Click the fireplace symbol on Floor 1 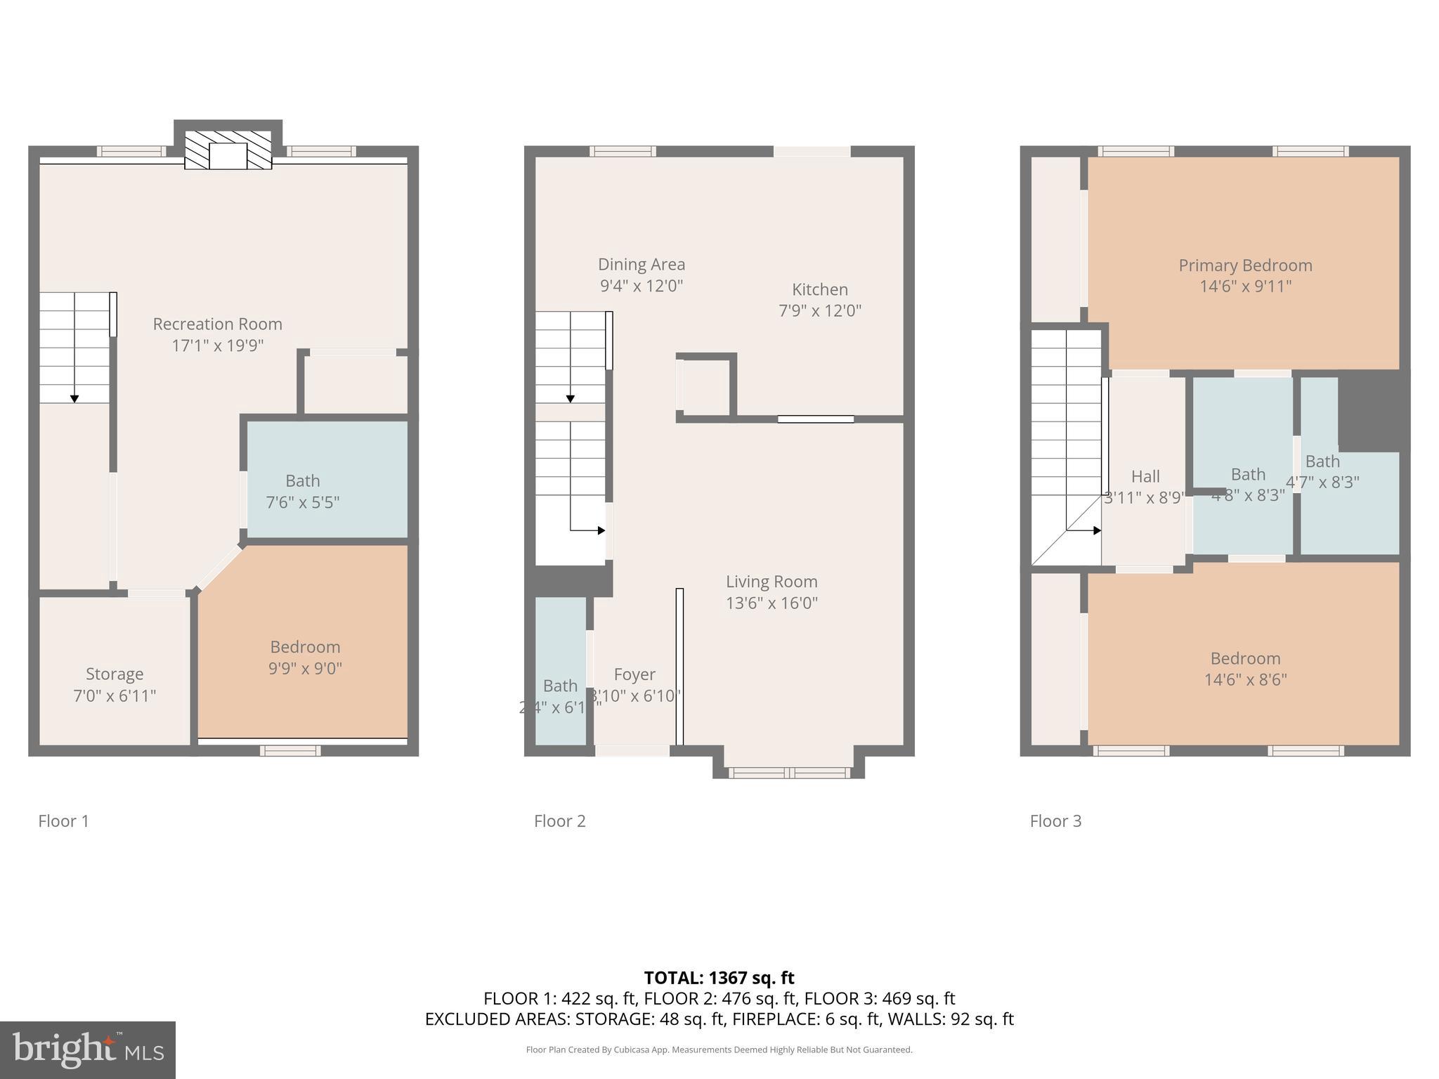click(x=228, y=150)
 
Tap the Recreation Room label click(x=217, y=325)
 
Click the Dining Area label click(x=641, y=265)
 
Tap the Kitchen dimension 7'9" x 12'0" click(x=819, y=310)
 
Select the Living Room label click(x=771, y=582)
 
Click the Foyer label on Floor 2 click(x=634, y=675)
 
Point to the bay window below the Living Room click(x=788, y=773)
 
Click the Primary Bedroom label click(x=1245, y=266)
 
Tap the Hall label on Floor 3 click(x=1145, y=477)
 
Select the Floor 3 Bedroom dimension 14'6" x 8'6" click(x=1245, y=680)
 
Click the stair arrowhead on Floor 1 click(x=74, y=399)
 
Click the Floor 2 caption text click(x=559, y=821)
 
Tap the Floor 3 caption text click(x=1055, y=821)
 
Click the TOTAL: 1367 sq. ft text click(x=719, y=978)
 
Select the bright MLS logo click(x=88, y=1049)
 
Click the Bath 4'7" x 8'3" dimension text click(x=1322, y=483)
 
